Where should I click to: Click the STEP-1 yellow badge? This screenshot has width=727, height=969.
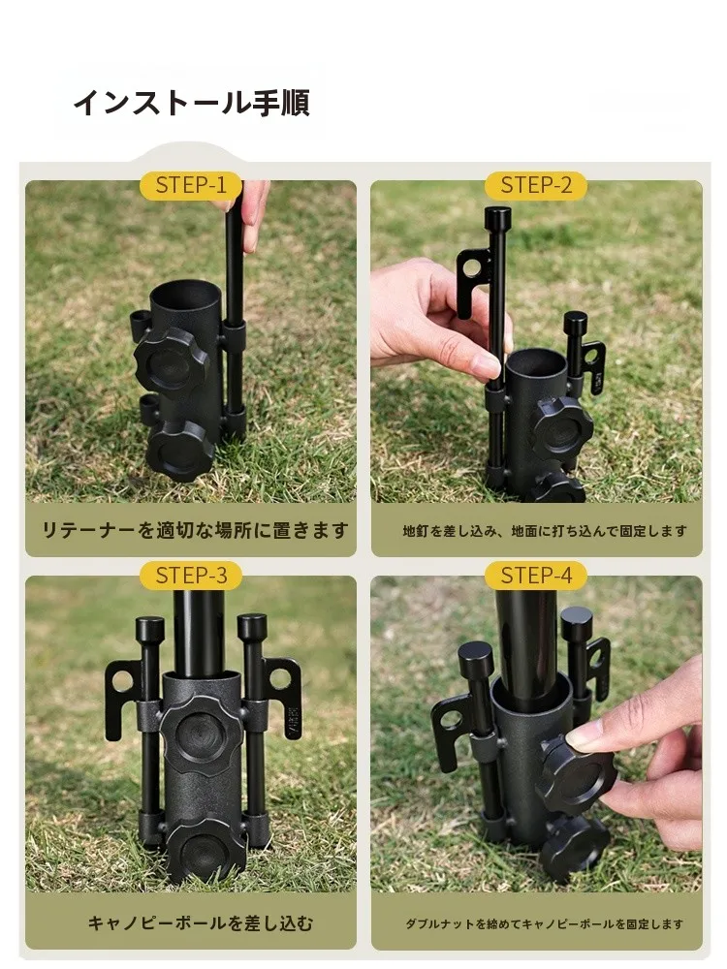(x=191, y=185)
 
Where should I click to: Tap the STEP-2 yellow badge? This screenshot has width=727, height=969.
(x=536, y=185)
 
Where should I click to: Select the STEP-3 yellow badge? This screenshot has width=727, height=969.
(x=191, y=576)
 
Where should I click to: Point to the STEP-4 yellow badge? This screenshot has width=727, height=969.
(x=536, y=576)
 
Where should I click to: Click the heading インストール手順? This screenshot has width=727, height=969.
(x=192, y=103)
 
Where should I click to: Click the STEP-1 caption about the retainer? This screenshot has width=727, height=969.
(x=195, y=530)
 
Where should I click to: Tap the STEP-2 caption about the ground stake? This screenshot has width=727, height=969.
(x=545, y=531)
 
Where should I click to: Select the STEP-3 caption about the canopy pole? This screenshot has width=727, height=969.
(x=201, y=923)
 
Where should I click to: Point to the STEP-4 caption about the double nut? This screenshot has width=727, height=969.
(x=544, y=923)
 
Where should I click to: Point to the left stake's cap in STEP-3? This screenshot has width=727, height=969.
(x=149, y=630)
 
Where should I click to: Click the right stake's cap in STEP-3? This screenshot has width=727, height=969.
(x=252, y=627)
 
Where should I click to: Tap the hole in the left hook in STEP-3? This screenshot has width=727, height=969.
(x=123, y=680)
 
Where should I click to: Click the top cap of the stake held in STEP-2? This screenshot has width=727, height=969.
(x=498, y=217)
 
